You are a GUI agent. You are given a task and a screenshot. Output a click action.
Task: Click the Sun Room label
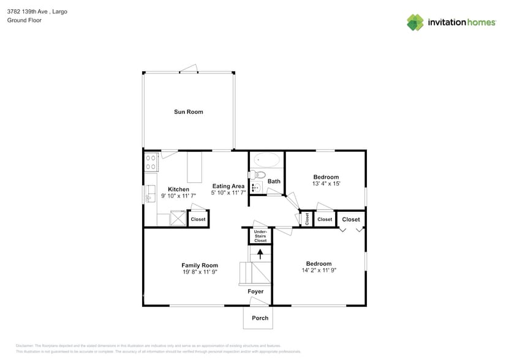point(188,112)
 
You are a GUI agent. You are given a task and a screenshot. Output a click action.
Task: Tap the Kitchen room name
point(178,189)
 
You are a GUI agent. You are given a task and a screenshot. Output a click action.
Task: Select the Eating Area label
point(228,186)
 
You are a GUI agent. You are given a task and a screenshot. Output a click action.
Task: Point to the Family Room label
point(200,265)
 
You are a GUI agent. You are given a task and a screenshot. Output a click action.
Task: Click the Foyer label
point(255,291)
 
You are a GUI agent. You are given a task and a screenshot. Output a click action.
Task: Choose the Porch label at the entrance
point(260,318)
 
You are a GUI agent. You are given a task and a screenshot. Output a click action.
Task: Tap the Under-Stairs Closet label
point(260,236)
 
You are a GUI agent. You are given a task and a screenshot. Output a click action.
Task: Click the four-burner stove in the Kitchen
point(151,162)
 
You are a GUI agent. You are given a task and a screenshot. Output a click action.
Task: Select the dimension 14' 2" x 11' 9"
point(319,270)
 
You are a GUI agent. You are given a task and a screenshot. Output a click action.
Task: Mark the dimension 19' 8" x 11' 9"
point(200,272)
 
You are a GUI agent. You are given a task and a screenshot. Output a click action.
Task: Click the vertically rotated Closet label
point(305,219)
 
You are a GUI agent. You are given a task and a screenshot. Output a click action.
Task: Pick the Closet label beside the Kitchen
point(198,219)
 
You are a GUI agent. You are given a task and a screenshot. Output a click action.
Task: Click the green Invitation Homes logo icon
point(415,22)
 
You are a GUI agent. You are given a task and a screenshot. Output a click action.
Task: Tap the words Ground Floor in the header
point(21,20)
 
